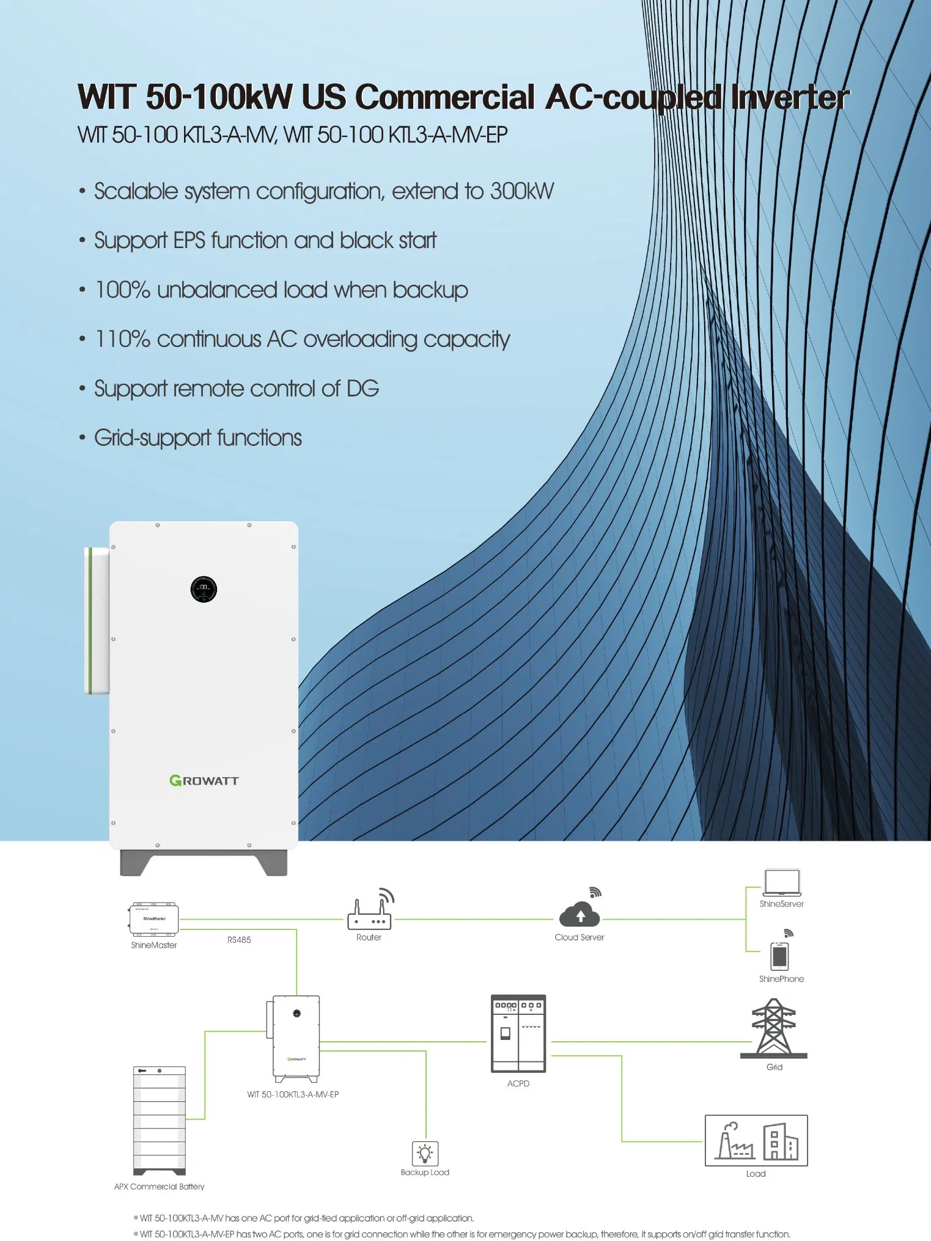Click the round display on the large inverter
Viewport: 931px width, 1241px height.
pos(204,589)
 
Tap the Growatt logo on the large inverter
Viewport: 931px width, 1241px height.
pos(204,780)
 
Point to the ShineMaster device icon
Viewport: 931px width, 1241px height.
pos(154,918)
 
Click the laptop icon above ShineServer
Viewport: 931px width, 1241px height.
pos(782,883)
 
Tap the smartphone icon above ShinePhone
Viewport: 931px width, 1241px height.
pos(779,956)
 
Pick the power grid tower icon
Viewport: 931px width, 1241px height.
pos(774,1028)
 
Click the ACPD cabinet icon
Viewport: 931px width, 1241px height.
pos(518,1033)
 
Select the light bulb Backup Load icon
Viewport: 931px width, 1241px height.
pos(425,1154)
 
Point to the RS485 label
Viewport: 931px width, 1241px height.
pos(239,940)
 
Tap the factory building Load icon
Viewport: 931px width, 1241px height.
pos(756,1140)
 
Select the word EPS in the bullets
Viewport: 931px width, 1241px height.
pos(189,241)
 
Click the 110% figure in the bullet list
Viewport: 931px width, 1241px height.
pos(122,339)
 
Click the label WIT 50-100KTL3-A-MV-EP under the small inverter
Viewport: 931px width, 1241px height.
pos(293,1094)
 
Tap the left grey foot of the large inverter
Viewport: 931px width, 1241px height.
pos(136,862)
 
